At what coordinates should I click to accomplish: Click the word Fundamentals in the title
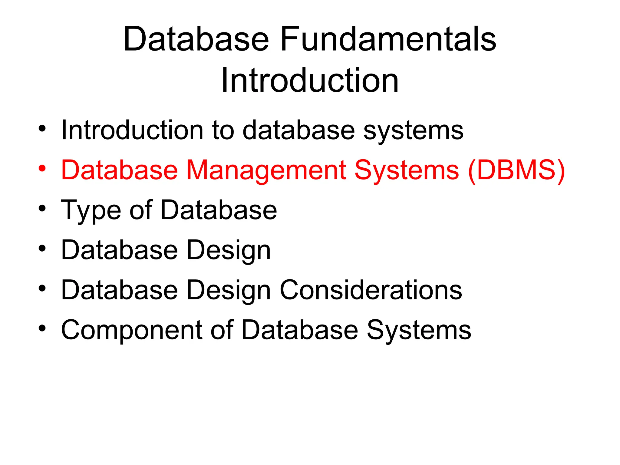[x=388, y=39]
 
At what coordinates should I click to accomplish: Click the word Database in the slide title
[x=196, y=39]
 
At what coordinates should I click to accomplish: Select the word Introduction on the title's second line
[x=310, y=81]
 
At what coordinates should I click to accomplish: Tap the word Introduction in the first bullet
[x=132, y=130]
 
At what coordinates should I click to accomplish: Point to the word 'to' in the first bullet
[x=223, y=130]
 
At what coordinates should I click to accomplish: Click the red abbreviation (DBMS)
[x=516, y=170]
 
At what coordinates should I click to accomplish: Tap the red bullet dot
[x=42, y=168]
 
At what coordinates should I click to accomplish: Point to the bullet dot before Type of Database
[x=42, y=208]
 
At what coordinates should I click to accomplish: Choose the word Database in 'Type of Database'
[x=219, y=210]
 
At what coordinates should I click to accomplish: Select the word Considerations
[x=371, y=290]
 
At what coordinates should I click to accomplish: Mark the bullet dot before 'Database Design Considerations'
[x=42, y=288]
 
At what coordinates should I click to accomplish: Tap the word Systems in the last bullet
[x=419, y=330]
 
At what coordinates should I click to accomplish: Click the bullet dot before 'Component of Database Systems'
[x=42, y=328]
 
